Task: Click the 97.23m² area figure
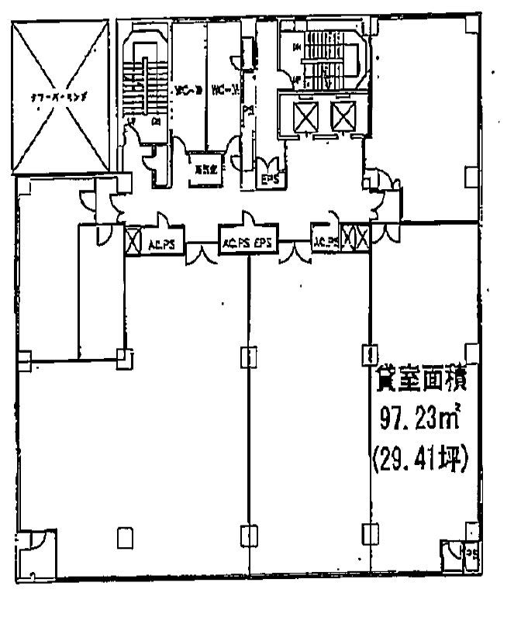click(418, 422)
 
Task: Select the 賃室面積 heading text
click(418, 381)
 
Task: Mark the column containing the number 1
click(371, 356)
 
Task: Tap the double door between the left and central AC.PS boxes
click(200, 253)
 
